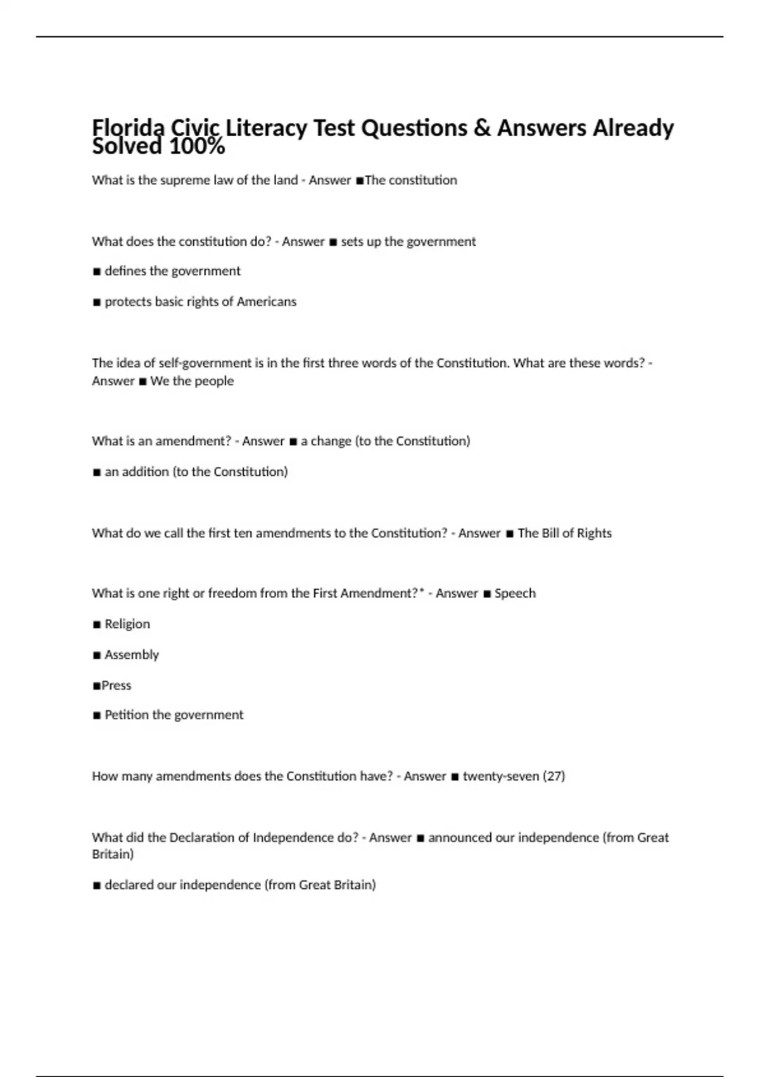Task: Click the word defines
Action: coord(125,271)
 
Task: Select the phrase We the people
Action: coord(192,381)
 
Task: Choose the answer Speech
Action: coord(515,594)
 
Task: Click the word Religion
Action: coord(127,624)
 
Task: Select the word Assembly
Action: coord(132,655)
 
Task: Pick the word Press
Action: coord(117,685)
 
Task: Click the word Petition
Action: coord(127,715)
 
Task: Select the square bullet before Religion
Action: coord(97,625)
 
